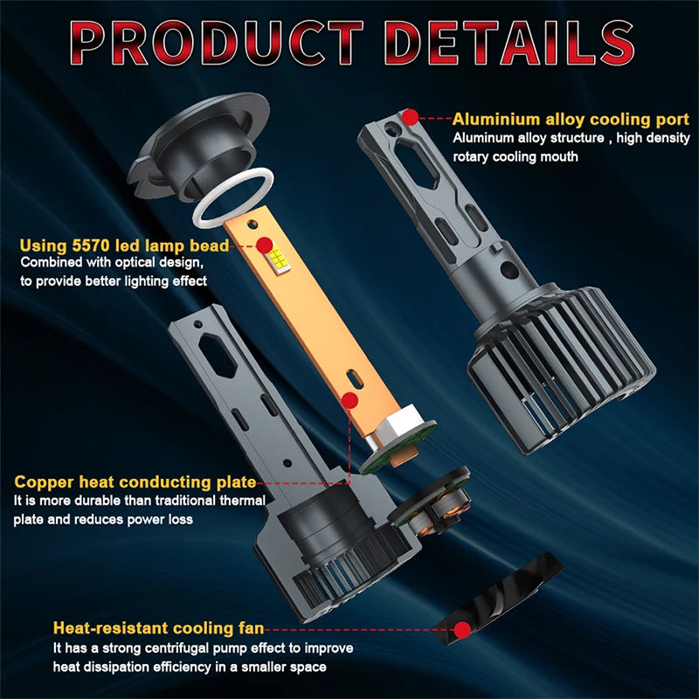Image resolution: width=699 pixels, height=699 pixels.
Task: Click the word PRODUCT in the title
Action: coord(217,43)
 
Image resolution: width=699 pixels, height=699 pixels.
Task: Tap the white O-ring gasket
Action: coord(232,197)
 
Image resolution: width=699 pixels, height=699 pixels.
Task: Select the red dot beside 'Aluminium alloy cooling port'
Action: coord(410,117)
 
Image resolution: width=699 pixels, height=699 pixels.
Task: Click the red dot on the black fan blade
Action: coord(462,629)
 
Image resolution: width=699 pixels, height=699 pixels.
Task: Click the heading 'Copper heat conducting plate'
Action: coord(135,482)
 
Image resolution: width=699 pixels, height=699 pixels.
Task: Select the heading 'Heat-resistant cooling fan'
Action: coord(158,627)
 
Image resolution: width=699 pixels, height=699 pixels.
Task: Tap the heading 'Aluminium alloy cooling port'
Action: coord(571,120)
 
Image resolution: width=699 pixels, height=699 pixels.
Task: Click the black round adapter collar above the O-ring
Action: coord(198,147)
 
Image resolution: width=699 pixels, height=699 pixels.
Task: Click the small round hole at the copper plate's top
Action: coord(252,224)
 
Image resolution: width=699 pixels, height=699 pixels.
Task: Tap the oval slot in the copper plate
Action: coord(355,379)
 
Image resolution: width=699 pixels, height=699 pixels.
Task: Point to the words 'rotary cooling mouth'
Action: coord(516,157)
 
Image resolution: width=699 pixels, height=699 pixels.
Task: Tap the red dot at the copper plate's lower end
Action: coord(350,400)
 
